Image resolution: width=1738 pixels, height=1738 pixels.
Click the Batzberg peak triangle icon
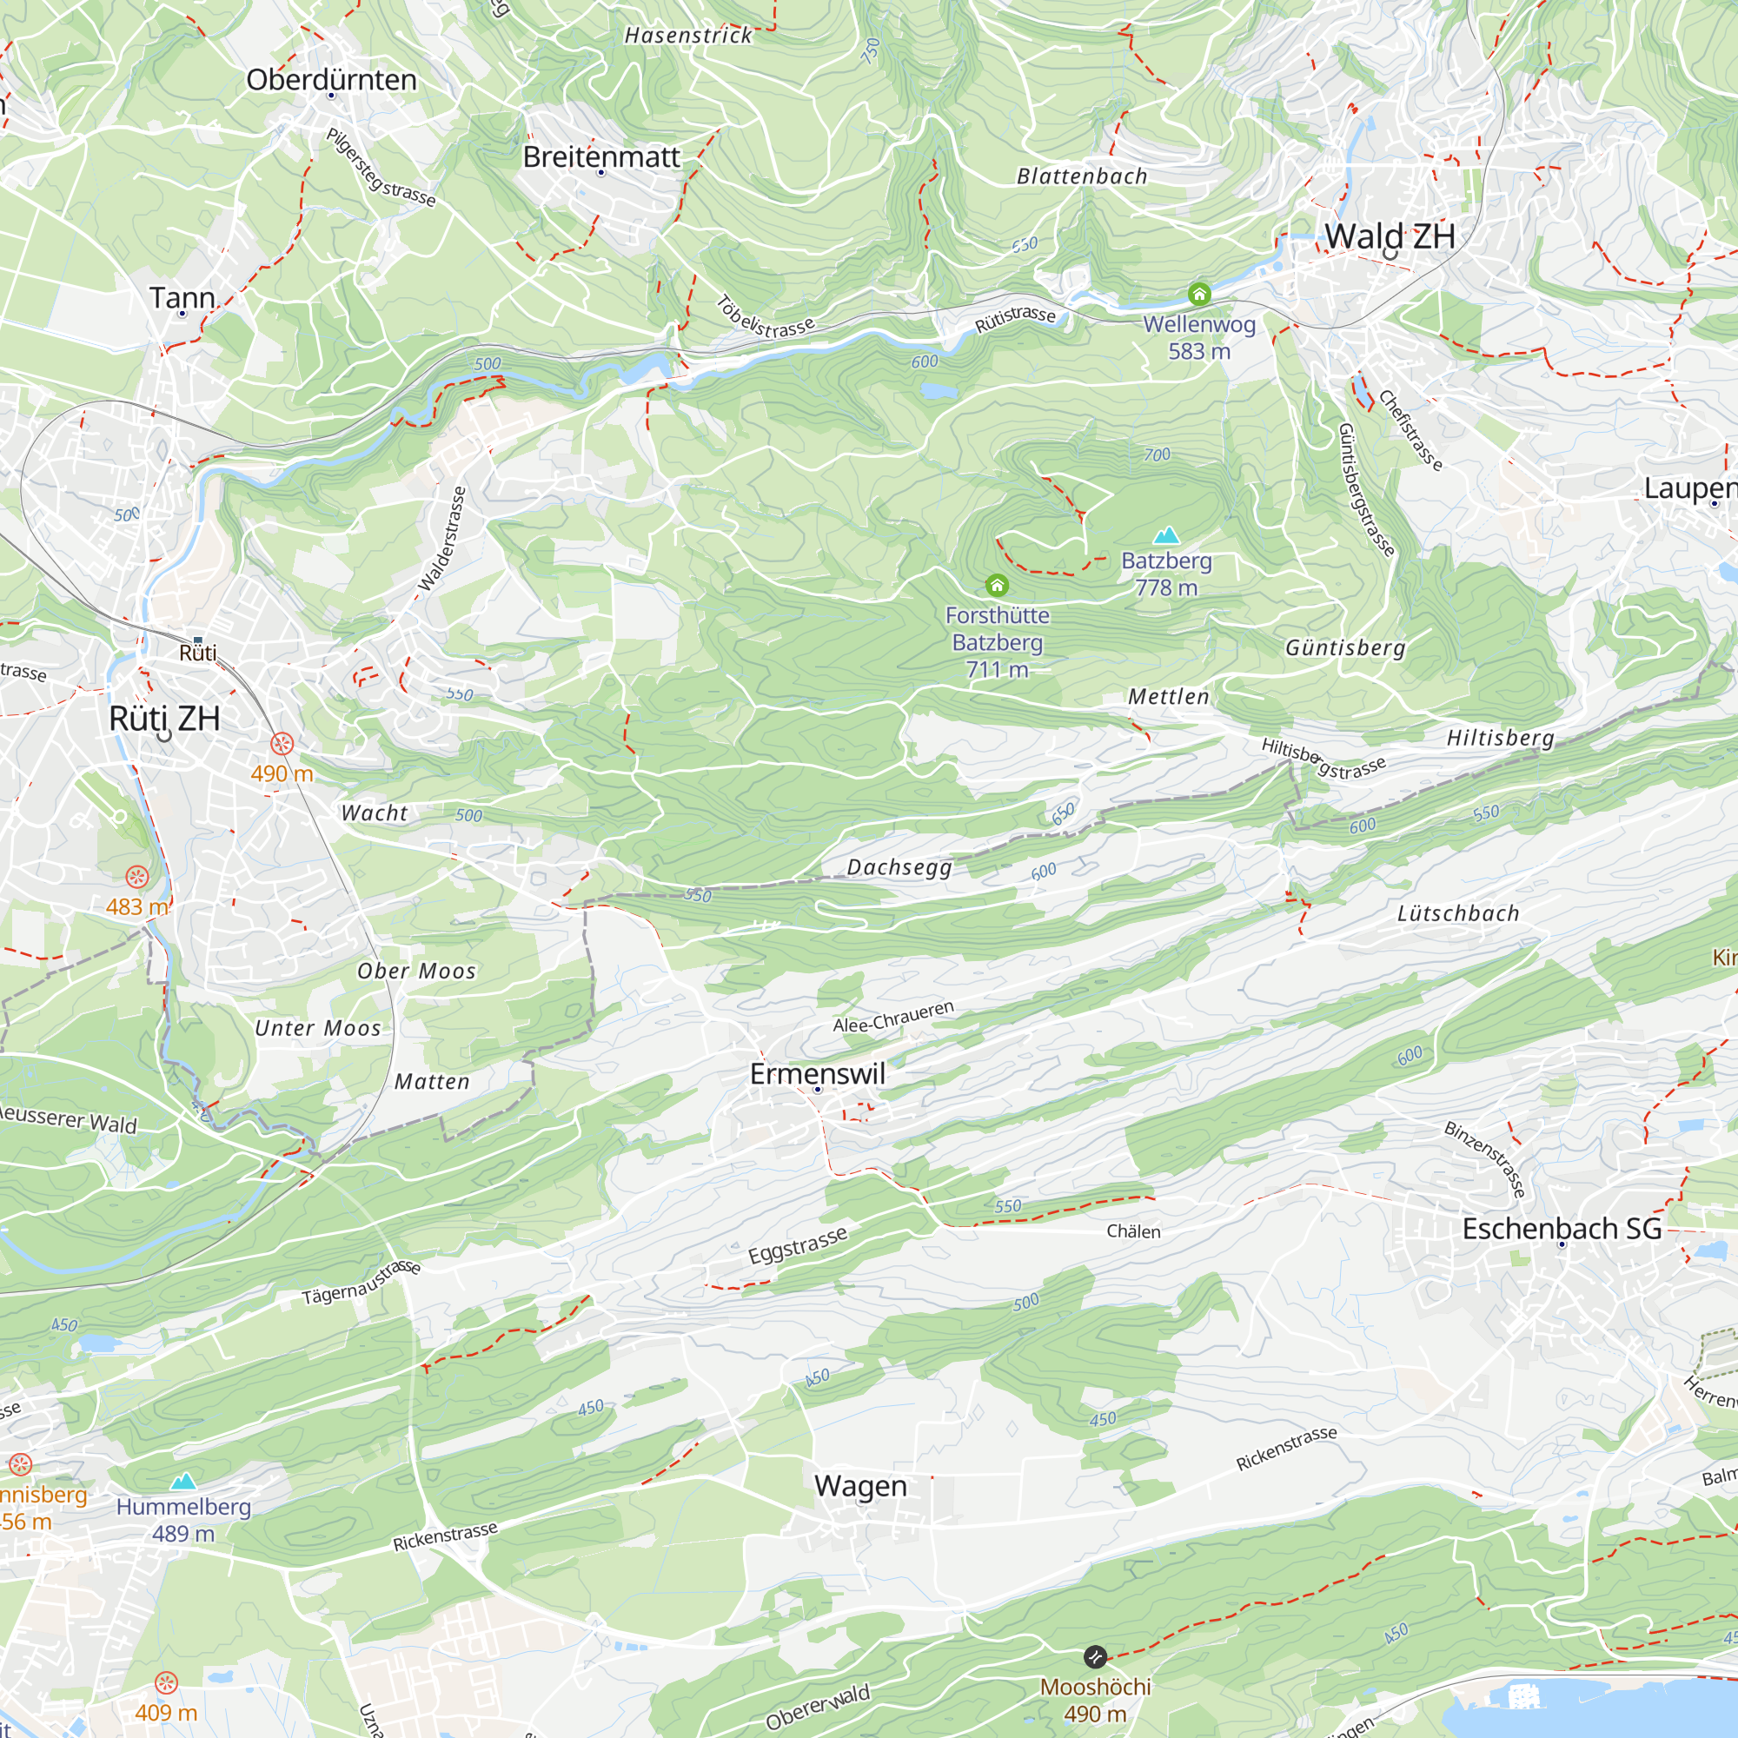1167,536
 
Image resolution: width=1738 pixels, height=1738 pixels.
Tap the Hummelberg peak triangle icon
183,1481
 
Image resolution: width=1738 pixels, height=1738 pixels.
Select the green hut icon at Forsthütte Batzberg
997,586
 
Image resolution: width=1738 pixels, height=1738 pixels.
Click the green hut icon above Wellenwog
1199,295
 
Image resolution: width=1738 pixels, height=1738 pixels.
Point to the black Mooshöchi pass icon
1095,1657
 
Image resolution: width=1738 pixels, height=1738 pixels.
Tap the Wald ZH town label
1389,236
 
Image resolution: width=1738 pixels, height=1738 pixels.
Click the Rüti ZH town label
164,718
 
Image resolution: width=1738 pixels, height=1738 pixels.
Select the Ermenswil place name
817,1073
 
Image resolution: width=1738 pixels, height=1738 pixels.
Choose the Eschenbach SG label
1562,1229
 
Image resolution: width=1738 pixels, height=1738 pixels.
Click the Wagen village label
860,1485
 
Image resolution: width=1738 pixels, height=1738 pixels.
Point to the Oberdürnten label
331,79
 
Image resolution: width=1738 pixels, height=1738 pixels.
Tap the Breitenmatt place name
601,156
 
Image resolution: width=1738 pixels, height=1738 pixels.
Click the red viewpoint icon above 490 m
282,744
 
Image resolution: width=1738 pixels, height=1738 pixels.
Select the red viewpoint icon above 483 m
136,876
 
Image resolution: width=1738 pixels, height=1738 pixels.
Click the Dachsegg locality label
899,867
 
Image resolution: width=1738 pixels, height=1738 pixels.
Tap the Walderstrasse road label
442,540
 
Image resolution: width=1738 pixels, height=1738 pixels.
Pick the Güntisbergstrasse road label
1365,490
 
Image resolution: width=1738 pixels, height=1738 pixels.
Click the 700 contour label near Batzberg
1157,455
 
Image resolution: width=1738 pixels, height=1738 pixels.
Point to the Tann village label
182,298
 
